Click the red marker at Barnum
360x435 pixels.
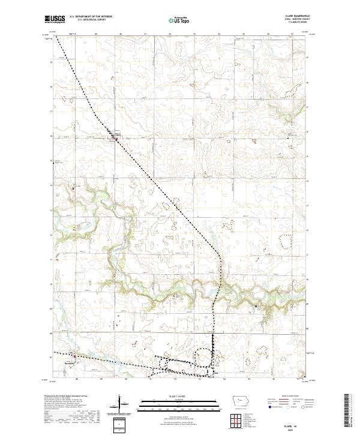tap(74, 356)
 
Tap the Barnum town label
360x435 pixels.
tap(69, 361)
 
